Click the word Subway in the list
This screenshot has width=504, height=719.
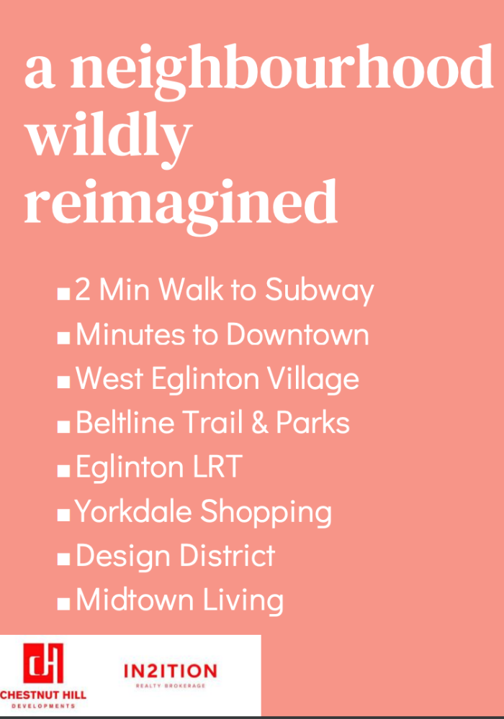tap(320, 290)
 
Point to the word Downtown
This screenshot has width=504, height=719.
tap(297, 334)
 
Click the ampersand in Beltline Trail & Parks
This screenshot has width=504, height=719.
tap(260, 422)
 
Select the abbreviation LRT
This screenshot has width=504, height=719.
tap(217, 467)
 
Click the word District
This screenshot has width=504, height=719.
tap(228, 555)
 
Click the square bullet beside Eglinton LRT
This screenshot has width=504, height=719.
tap(63, 471)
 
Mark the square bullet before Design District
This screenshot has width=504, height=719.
tap(63, 559)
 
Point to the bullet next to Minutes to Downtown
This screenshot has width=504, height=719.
tap(63, 338)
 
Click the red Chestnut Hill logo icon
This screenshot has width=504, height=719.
tap(43, 663)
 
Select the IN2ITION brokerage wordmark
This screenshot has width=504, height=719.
tap(171, 672)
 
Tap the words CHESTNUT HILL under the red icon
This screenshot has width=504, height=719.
tap(43, 695)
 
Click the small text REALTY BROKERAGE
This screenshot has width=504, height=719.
tap(171, 686)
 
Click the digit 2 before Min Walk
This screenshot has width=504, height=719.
tap(83, 290)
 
